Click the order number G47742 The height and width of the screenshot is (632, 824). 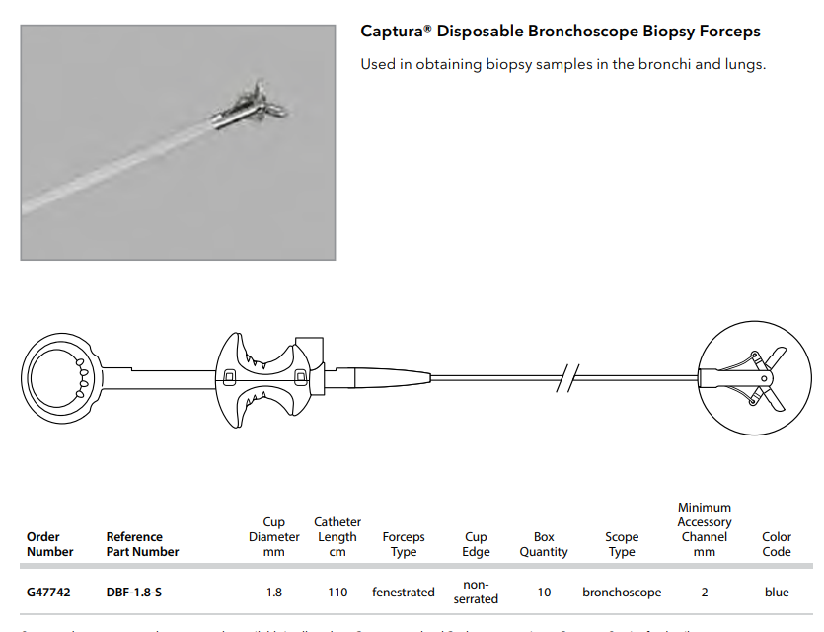click(x=46, y=592)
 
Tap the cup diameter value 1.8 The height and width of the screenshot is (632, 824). click(x=273, y=592)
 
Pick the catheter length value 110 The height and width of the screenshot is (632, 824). click(x=337, y=592)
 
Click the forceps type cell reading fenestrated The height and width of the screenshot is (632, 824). click(x=403, y=592)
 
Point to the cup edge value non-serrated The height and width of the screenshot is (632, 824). click(x=476, y=592)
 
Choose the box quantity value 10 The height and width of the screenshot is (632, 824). click(x=544, y=592)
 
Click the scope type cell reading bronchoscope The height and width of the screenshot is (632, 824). click(x=622, y=592)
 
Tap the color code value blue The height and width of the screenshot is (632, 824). click(x=777, y=592)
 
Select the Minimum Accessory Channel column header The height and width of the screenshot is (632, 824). click(x=704, y=529)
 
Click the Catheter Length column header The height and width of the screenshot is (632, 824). click(x=337, y=537)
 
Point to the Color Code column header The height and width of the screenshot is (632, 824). click(x=777, y=544)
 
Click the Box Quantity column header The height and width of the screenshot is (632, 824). click(x=544, y=544)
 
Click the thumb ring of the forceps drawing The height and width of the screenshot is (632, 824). click(x=57, y=376)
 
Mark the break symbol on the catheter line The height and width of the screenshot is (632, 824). click(x=567, y=378)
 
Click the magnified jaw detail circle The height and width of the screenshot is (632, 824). click(x=745, y=378)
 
